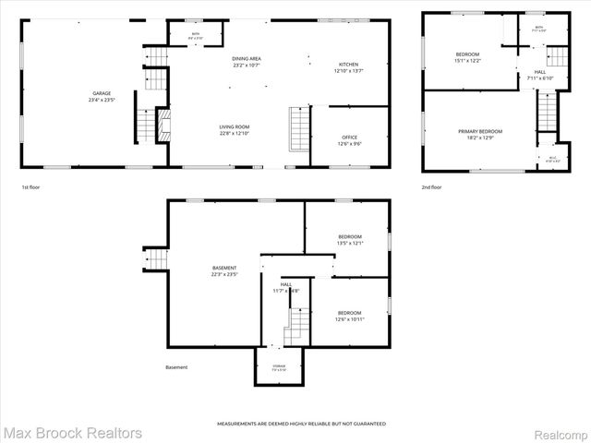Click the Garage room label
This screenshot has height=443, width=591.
click(101, 96)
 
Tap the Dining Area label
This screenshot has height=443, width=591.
click(247, 62)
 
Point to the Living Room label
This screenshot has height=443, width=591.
click(235, 130)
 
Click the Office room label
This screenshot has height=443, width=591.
click(350, 140)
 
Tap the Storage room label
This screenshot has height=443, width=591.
click(279, 367)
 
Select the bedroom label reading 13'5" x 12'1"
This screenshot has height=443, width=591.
click(350, 240)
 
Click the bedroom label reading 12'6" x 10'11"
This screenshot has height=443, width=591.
click(350, 316)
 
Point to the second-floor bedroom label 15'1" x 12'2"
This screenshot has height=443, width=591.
click(468, 58)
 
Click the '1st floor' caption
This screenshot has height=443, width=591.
click(30, 187)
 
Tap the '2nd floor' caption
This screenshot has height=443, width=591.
click(431, 187)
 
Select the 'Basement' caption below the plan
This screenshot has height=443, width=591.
click(176, 367)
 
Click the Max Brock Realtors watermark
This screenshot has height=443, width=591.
click(72, 432)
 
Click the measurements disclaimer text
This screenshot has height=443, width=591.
click(301, 424)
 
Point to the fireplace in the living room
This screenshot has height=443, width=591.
click(163, 124)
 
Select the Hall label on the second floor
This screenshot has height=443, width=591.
click(540, 75)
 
